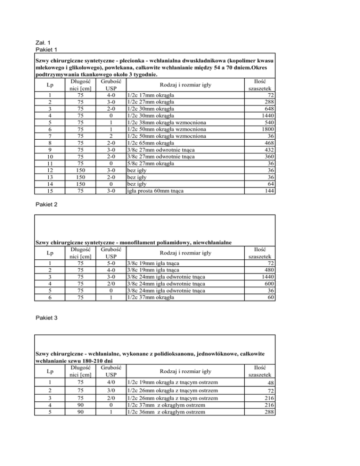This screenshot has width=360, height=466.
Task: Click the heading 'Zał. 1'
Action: [x=43, y=42]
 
